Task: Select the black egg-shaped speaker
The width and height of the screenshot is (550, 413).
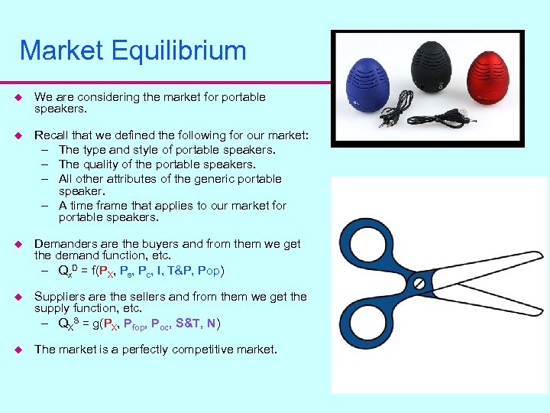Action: (x=432, y=68)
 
